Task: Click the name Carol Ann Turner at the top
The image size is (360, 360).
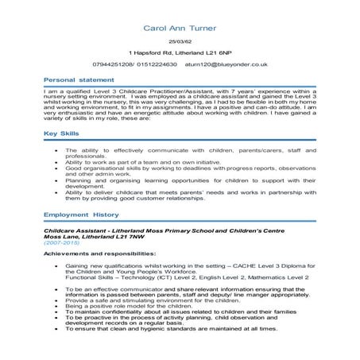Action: (180, 28)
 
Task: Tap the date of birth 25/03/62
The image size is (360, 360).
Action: (180, 41)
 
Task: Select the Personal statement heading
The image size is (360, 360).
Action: (78, 80)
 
